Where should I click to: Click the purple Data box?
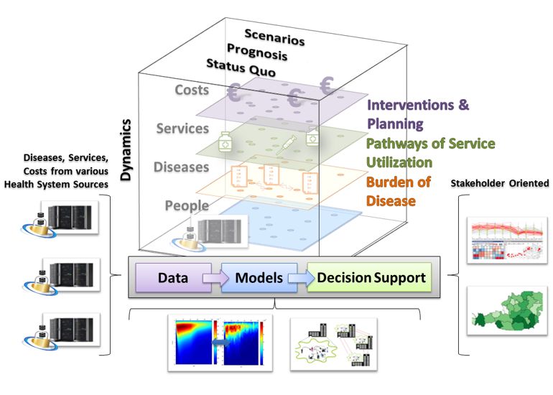(173, 277)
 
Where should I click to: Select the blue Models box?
(259, 277)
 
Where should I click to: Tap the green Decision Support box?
(370, 277)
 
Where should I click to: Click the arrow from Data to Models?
(216, 278)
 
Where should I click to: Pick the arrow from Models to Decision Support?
(302, 278)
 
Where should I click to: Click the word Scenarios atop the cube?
(274, 37)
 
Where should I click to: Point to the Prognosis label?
(257, 52)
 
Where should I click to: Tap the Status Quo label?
(241, 68)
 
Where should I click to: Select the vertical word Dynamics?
(126, 150)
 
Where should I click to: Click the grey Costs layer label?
(192, 90)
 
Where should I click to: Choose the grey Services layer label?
(182, 129)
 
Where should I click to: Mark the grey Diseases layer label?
(181, 167)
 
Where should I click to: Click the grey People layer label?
(187, 205)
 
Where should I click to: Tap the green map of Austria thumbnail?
(507, 310)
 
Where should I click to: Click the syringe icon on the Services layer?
(286, 144)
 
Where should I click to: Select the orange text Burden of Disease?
(399, 192)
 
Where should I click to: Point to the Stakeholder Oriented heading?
(500, 183)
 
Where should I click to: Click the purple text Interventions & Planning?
(418, 114)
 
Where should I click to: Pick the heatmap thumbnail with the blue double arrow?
(220, 343)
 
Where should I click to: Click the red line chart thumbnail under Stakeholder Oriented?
(507, 241)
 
